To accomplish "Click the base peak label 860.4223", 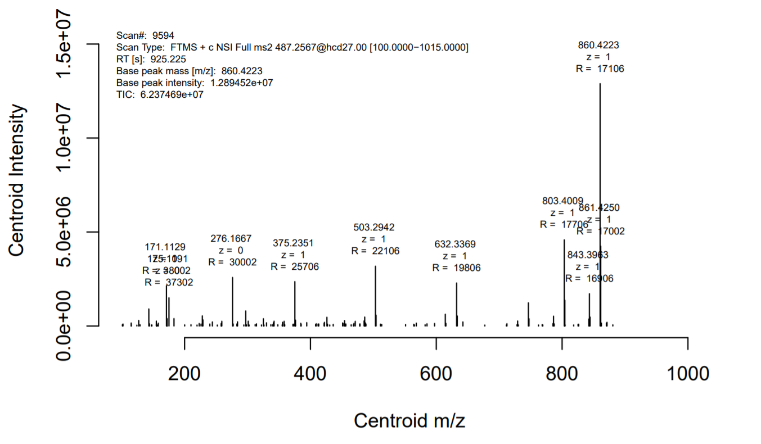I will (x=599, y=45).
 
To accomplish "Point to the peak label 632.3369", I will (x=455, y=244).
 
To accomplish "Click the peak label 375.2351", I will (x=293, y=243).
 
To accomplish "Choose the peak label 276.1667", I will (x=231, y=238).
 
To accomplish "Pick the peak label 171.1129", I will (x=165, y=247).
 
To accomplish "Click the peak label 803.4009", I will (x=562, y=201).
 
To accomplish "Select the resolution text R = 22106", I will (x=375, y=251).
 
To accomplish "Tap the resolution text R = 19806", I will (x=456, y=268).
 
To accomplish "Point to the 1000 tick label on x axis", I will (x=687, y=373).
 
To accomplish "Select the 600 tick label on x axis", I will (x=436, y=373).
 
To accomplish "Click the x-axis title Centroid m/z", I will (x=409, y=420).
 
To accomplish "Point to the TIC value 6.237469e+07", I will (x=172, y=95).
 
